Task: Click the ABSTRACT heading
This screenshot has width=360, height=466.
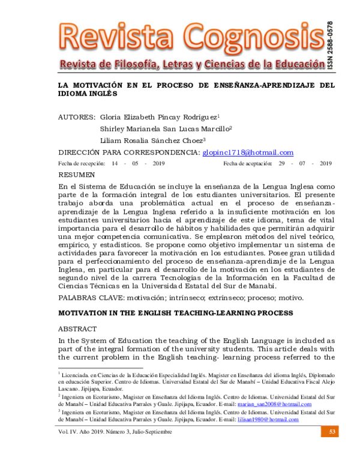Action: click(x=77, y=330)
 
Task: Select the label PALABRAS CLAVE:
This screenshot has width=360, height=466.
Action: click(x=88, y=298)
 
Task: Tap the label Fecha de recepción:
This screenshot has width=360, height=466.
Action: click(x=81, y=163)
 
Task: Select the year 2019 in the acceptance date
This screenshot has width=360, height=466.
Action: click(x=326, y=163)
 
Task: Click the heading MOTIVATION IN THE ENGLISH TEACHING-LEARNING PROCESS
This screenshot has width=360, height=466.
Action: click(x=175, y=313)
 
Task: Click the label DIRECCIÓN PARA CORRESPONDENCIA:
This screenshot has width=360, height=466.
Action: click(x=128, y=153)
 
